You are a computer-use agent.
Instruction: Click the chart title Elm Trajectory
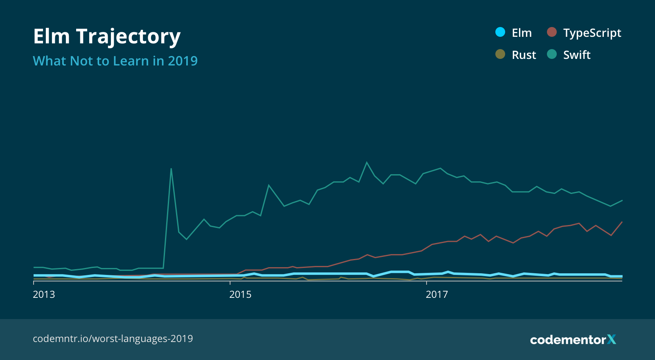pos(106,37)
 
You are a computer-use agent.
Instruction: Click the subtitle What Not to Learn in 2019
pos(115,61)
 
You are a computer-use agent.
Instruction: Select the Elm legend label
pos(522,33)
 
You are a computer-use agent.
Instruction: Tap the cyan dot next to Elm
pos(500,32)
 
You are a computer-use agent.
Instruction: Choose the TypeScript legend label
pos(592,33)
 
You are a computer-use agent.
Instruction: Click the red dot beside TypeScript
pos(551,32)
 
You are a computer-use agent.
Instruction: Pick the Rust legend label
pos(524,55)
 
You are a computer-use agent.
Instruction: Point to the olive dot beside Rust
pos(500,54)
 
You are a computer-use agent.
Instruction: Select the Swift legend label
pos(576,55)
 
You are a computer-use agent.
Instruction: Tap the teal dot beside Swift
pos(551,54)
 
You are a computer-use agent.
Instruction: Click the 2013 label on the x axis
pos(44,295)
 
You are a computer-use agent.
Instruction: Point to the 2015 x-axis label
pos(240,295)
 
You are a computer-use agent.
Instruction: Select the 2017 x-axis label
pos(437,295)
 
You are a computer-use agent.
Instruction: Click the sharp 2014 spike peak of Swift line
pos(171,169)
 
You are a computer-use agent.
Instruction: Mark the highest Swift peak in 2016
pos(366,162)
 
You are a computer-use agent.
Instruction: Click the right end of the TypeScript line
pos(622,222)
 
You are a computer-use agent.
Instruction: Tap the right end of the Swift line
pos(622,200)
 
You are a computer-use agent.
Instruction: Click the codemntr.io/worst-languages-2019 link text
pos(113,339)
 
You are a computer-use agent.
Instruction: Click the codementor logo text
pos(568,340)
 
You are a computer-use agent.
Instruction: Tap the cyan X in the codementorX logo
pos(612,339)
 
